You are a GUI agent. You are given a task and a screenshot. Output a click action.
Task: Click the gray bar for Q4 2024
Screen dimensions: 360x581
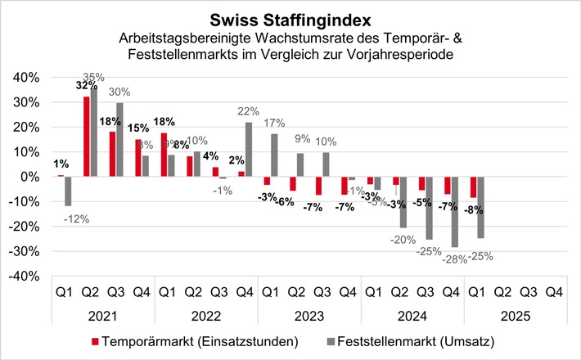[x=454, y=212]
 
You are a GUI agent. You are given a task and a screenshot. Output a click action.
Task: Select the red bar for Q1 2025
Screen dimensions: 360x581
[x=473, y=187]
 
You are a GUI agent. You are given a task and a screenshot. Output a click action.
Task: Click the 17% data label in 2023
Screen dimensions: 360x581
[x=274, y=124]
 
